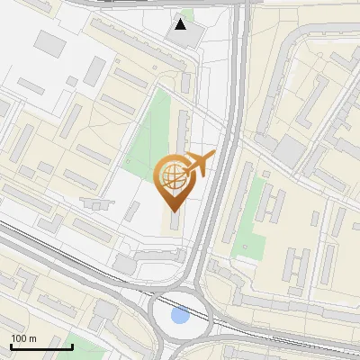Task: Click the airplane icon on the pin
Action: (x=201, y=164)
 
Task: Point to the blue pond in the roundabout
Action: (x=180, y=316)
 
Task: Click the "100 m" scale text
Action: (x=23, y=338)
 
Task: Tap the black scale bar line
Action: (x=41, y=346)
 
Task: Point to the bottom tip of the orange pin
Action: (x=174, y=212)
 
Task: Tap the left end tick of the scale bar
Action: (x=12, y=346)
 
